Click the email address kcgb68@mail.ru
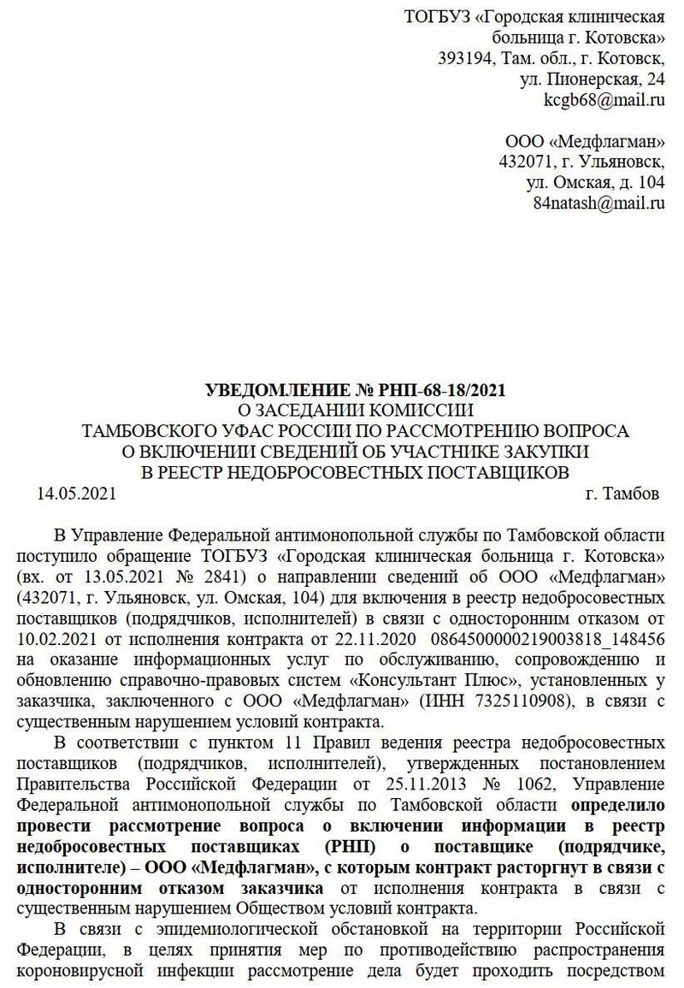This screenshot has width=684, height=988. (604, 100)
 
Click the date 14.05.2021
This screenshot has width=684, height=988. (76, 494)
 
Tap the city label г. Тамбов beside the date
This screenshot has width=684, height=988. (622, 494)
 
